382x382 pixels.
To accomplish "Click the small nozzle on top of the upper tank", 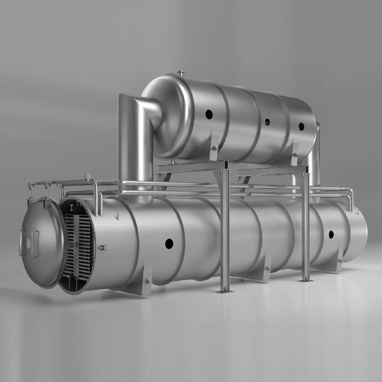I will pyautogui.click(x=181, y=73).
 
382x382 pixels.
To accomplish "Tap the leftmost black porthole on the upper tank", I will pyautogui.click(x=209, y=115).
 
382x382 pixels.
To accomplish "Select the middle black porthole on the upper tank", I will pyautogui.click(x=267, y=122).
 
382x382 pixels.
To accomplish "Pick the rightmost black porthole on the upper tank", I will pyautogui.click(x=301, y=127).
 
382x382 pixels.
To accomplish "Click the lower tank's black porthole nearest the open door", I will pyautogui.click(x=169, y=244).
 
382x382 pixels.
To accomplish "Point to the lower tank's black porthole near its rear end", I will pyautogui.click(x=331, y=234).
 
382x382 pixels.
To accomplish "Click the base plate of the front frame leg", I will pyautogui.click(x=224, y=290).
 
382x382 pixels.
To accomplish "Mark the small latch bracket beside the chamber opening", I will pyautogui.click(x=103, y=247).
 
